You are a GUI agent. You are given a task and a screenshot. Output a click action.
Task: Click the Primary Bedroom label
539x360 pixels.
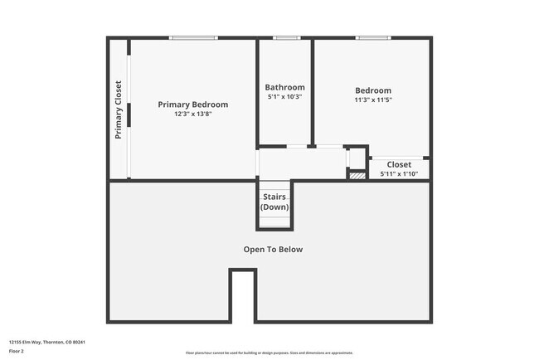tap(193, 105)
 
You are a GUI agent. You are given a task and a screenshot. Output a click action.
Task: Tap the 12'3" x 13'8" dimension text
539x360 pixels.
tap(193, 114)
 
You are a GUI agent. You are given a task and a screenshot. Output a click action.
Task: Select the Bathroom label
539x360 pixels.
tap(284, 87)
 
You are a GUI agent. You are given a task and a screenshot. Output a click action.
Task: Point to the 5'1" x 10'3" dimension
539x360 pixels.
tap(284, 97)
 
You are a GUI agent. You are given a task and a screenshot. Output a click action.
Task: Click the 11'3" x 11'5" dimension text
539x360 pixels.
tap(373, 100)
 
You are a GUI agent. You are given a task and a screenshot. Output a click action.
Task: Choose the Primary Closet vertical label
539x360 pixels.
tap(119, 109)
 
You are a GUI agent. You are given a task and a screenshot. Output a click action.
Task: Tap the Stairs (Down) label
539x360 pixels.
tap(275, 202)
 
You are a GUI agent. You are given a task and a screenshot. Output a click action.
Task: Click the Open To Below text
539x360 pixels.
tap(273, 249)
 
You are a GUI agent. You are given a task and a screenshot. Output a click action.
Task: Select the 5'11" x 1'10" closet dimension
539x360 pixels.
tap(399, 174)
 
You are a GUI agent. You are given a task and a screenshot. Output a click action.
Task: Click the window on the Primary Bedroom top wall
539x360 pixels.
tap(193, 37)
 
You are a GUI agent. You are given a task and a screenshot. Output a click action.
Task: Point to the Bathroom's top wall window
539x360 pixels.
tap(287, 37)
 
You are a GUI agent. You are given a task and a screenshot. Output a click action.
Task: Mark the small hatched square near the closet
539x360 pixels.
tap(357, 175)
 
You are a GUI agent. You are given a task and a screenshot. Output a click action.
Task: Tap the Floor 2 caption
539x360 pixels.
tap(17, 351)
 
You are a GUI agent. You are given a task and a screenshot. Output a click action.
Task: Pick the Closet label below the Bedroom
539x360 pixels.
tap(399, 164)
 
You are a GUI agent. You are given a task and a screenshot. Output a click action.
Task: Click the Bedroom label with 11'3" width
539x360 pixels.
tap(373, 90)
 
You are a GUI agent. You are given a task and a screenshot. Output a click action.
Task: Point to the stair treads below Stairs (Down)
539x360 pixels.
tap(274, 219)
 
